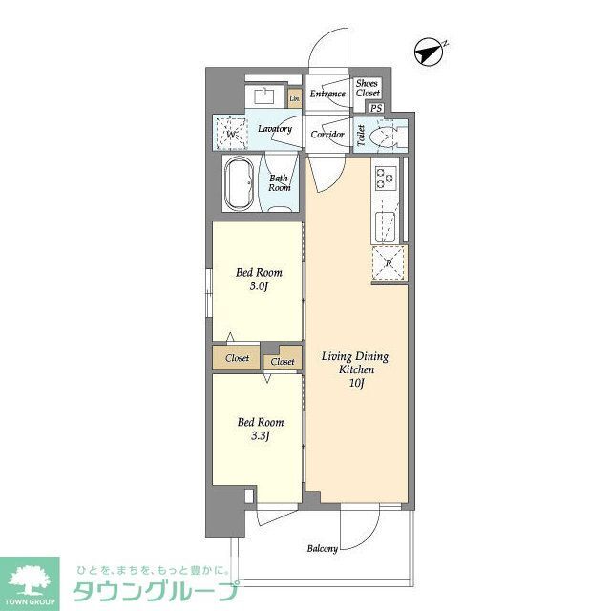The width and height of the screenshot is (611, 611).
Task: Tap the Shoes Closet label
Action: tap(367, 89)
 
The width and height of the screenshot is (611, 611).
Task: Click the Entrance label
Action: tap(327, 94)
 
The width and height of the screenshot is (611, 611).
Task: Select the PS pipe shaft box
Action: tap(377, 108)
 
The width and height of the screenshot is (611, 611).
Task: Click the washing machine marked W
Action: tap(232, 134)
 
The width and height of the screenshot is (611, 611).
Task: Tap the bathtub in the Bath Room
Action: tap(239, 183)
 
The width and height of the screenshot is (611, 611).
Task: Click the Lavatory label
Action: tap(275, 129)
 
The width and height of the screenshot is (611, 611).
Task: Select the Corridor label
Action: tap(327, 135)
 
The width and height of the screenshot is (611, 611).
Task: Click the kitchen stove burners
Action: tap(385, 177)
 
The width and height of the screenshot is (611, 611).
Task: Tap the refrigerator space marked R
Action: tap(389, 262)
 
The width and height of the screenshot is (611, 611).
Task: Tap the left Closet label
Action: tap(237, 359)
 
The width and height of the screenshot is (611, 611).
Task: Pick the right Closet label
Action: tap(283, 362)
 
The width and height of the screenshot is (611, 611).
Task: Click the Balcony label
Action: tap(322, 548)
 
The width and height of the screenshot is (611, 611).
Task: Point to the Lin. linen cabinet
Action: tap(295, 97)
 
